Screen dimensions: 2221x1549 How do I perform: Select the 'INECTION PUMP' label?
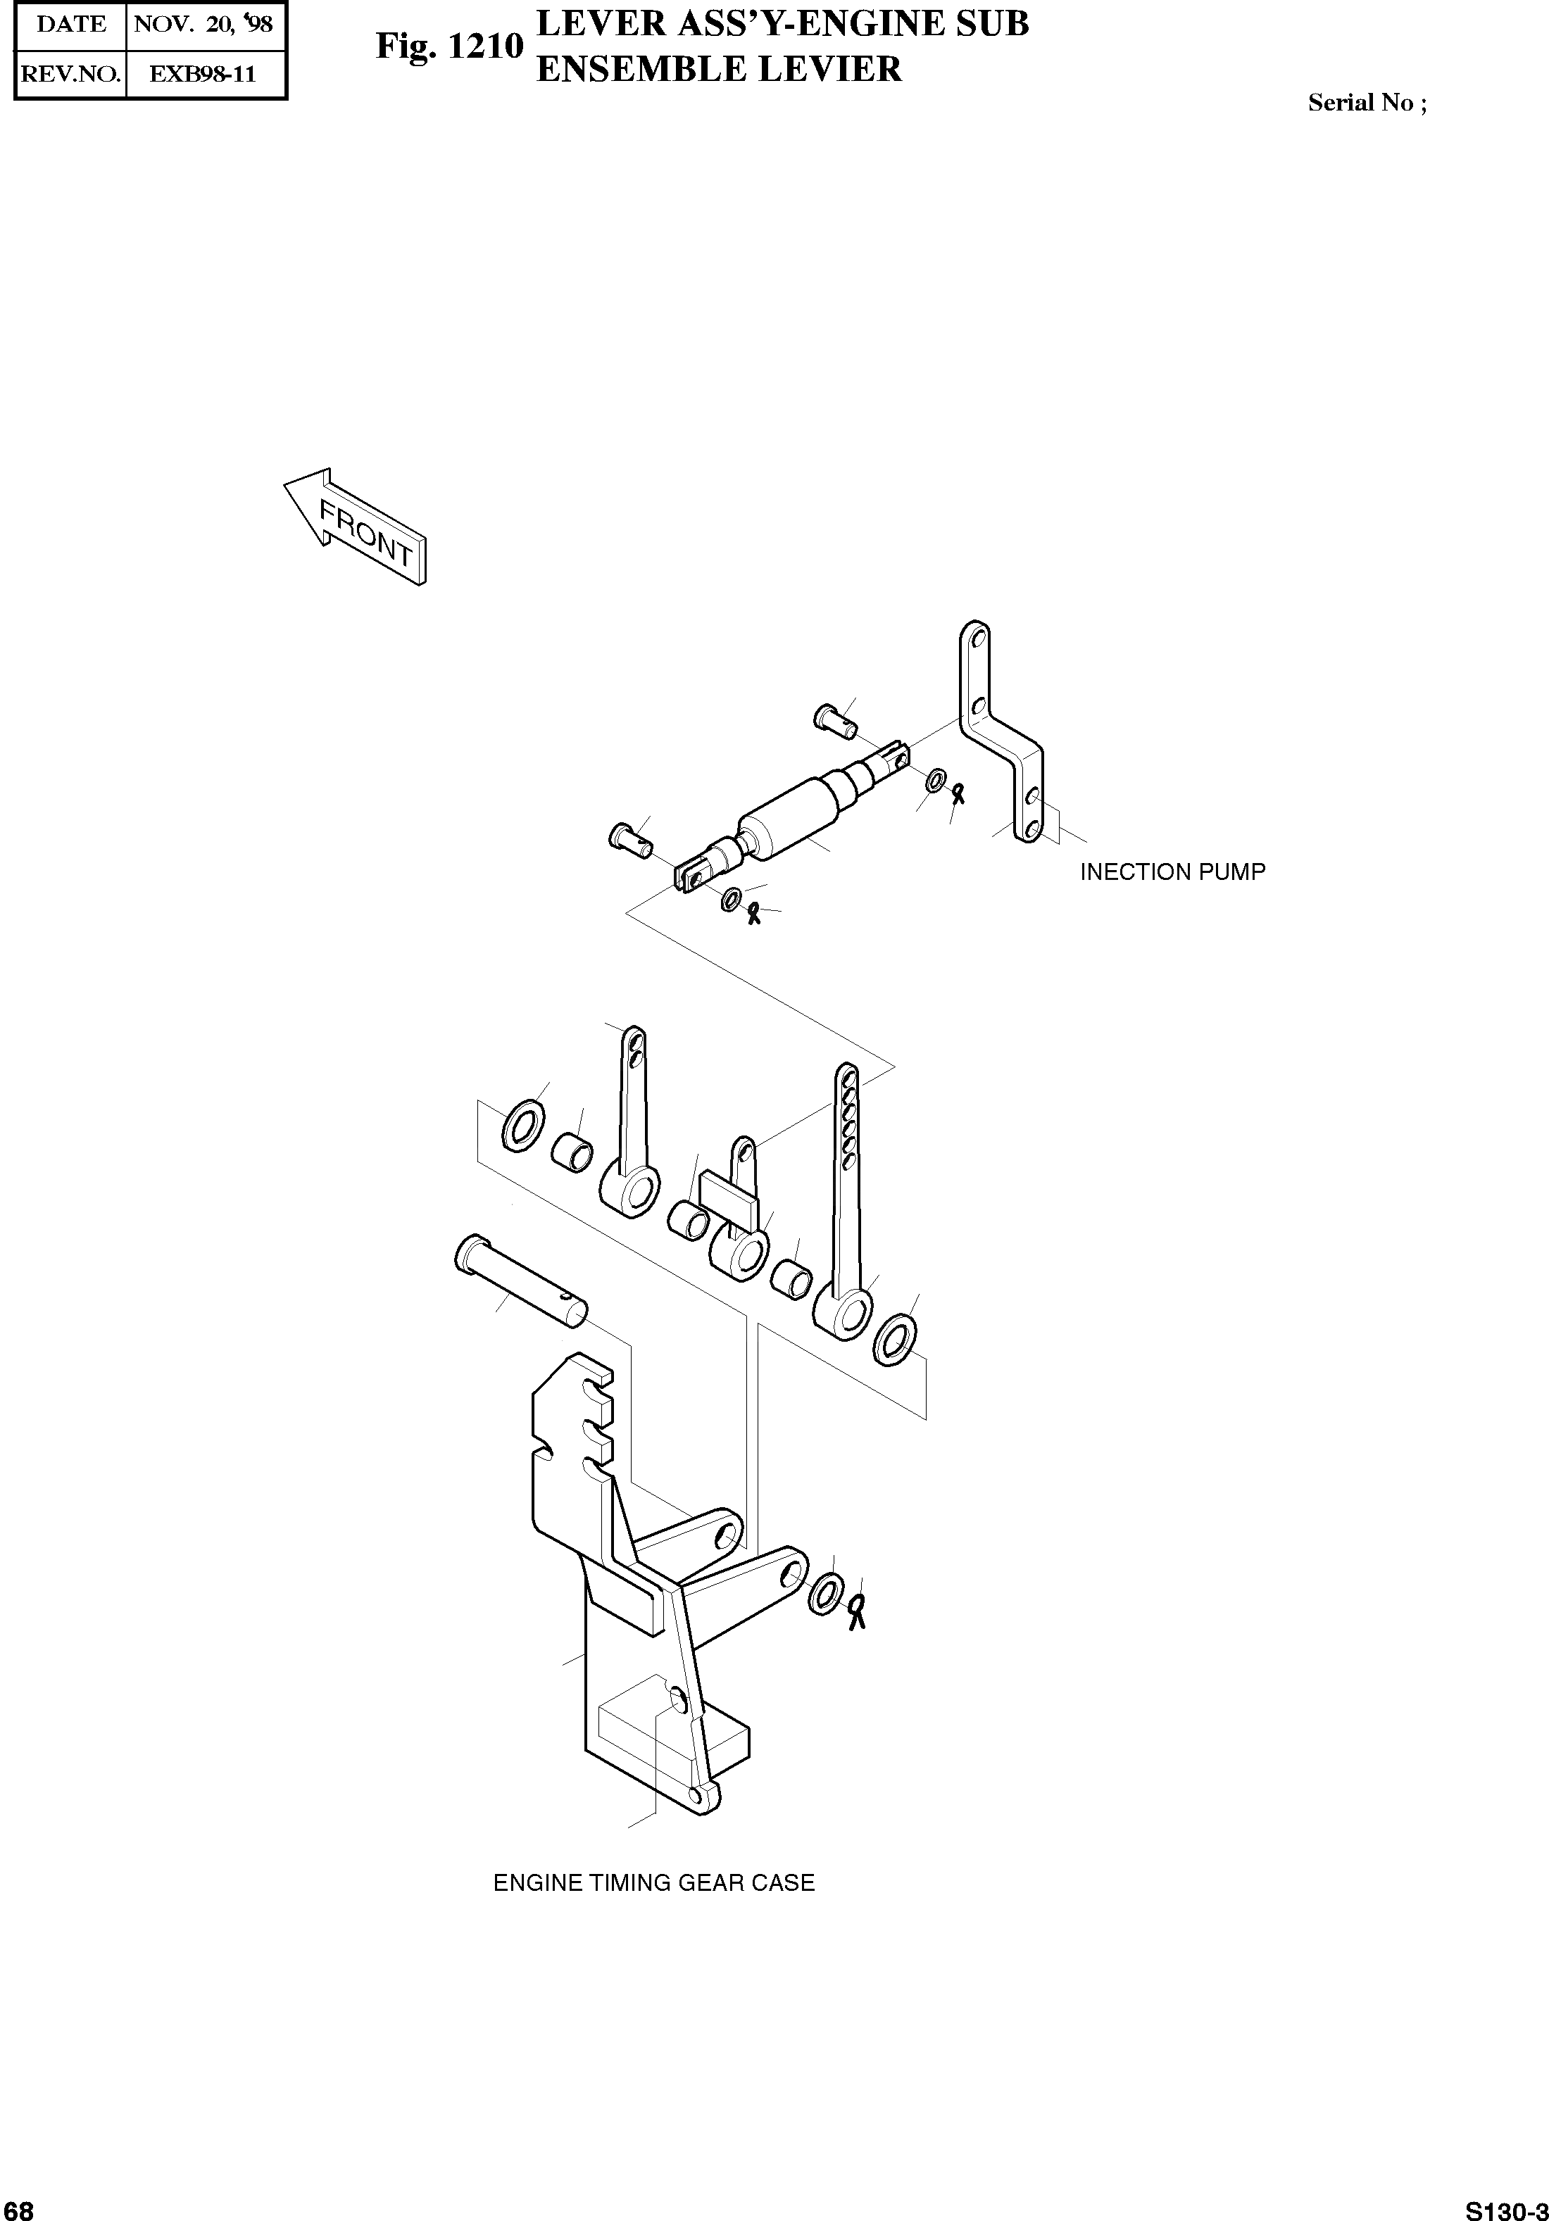(1172, 872)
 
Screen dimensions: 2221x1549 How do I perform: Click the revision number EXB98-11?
(204, 75)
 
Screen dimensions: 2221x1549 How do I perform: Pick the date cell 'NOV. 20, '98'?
(204, 24)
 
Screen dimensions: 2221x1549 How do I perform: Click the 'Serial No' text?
(1365, 103)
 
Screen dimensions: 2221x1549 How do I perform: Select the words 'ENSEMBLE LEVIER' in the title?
(719, 70)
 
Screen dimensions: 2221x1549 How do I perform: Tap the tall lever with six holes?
(845, 1200)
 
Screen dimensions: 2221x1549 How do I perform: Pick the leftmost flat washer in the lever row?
(522, 1126)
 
